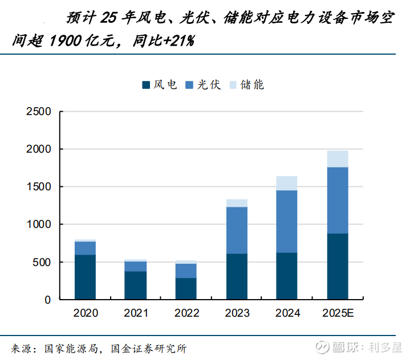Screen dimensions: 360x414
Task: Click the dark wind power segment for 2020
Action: tap(86, 277)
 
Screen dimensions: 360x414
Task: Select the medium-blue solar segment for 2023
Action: tap(237, 230)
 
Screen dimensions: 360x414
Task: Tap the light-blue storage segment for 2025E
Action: tap(338, 159)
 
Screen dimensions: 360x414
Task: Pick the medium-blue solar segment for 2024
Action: tap(287, 221)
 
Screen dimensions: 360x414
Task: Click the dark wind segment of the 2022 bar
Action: tap(186, 289)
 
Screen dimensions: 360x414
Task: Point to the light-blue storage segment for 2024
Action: tap(287, 183)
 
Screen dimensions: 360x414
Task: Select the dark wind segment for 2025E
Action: tap(338, 267)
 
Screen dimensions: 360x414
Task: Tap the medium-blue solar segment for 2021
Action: tap(136, 266)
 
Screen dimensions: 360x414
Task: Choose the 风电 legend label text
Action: tap(165, 85)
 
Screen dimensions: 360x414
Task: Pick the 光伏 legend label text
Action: tap(209, 85)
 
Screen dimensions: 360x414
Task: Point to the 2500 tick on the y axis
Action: tap(39, 112)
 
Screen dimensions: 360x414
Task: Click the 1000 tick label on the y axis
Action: tap(39, 224)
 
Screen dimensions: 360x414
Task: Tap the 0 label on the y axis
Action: tap(48, 300)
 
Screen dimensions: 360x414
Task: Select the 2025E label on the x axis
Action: tap(338, 313)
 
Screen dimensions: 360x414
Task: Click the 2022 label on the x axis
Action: tap(186, 313)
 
